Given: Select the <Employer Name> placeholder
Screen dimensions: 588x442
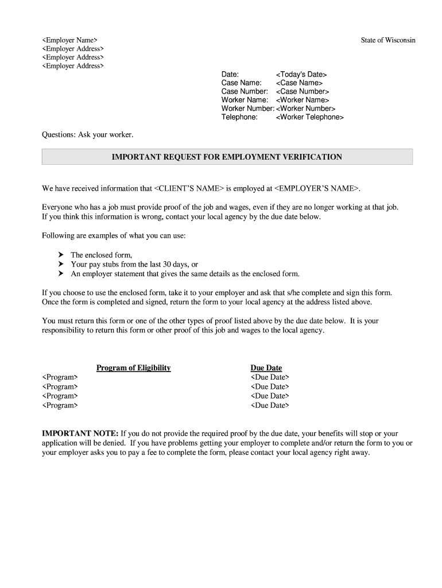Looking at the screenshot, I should pos(69,40).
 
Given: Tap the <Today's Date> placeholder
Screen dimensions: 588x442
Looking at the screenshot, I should pos(301,75).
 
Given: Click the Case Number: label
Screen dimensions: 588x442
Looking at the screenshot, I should pos(245,91).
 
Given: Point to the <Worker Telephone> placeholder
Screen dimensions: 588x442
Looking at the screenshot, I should pos(309,117).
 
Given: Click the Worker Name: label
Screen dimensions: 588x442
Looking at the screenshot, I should pos(245,100).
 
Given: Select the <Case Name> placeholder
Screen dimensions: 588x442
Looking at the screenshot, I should pos(299,83).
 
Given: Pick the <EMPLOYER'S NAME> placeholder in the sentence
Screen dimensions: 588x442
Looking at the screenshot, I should pos(317,188).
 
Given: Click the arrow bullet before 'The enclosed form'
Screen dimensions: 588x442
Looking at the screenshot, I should pos(60,255).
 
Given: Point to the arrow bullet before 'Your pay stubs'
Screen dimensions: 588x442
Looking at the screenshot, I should pos(60,264).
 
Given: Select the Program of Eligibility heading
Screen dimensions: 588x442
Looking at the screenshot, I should pos(133,368).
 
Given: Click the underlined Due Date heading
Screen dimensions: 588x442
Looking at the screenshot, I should pos(266,368).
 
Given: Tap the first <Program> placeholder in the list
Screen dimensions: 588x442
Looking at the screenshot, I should pos(60,377).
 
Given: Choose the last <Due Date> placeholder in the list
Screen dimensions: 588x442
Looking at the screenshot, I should pos(270,405).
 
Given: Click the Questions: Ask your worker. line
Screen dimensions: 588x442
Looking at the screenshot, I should pos(87,134).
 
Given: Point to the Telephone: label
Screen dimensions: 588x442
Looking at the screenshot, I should pos(239,117).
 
